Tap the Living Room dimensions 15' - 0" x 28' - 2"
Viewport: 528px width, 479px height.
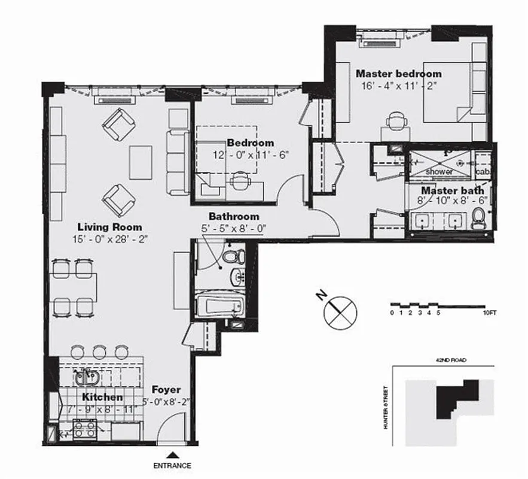tap(109, 238)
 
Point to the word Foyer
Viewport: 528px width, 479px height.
tap(166, 390)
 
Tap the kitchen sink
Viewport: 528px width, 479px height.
tap(87, 377)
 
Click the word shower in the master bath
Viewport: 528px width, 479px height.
tap(440, 171)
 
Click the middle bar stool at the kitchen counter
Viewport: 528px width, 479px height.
tap(99, 351)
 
